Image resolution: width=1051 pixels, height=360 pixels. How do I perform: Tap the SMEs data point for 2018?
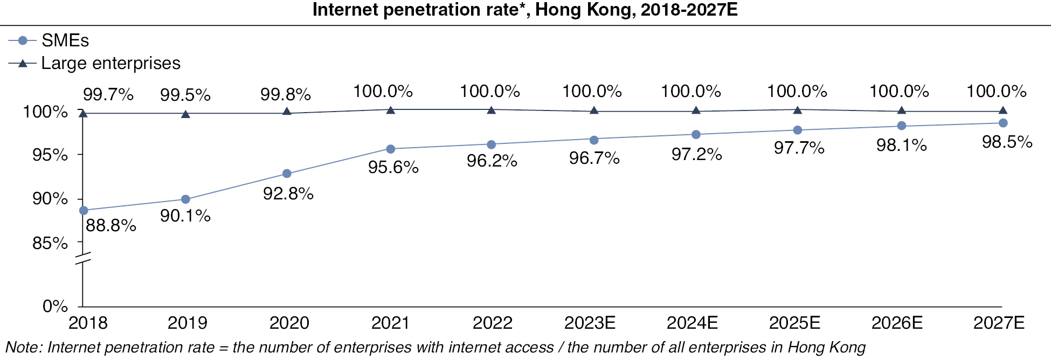pos(83,210)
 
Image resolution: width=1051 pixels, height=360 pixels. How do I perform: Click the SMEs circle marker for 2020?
pos(287,174)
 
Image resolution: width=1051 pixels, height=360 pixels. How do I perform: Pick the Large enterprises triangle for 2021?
pos(391,110)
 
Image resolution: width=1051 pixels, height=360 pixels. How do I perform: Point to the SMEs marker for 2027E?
pos(1003,123)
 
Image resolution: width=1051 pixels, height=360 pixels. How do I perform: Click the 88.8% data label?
pos(110,225)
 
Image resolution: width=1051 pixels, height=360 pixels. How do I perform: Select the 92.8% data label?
pos(288,193)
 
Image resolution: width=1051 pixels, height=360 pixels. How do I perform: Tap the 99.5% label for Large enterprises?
pos(185,95)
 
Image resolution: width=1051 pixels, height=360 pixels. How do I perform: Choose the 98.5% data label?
pos(1007,142)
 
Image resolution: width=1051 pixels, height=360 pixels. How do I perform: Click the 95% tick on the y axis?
pos(50,155)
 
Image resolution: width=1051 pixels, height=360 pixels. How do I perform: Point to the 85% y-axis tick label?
pos(50,243)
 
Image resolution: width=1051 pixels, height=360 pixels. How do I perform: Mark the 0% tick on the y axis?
pos(55,306)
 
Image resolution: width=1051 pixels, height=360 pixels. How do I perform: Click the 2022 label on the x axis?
pos(492,323)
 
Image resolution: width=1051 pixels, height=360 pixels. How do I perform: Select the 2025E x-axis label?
pos(794,323)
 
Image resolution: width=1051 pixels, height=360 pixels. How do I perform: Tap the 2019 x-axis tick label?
pos(187,323)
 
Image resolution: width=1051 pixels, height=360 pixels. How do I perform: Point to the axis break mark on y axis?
pos(82,258)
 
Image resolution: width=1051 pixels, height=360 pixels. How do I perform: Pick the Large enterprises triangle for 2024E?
pos(696,110)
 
